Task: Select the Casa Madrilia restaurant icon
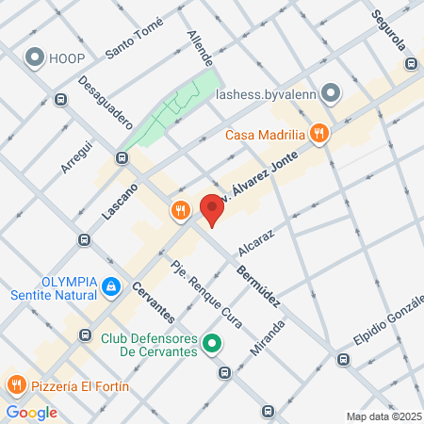tap(319, 134)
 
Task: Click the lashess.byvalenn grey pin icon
tap(331, 92)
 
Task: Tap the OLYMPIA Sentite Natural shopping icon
tap(111, 284)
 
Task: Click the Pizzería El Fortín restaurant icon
tap(15, 384)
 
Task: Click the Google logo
tap(31, 412)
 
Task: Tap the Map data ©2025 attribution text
tap(381, 416)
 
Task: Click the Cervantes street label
tap(153, 302)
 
